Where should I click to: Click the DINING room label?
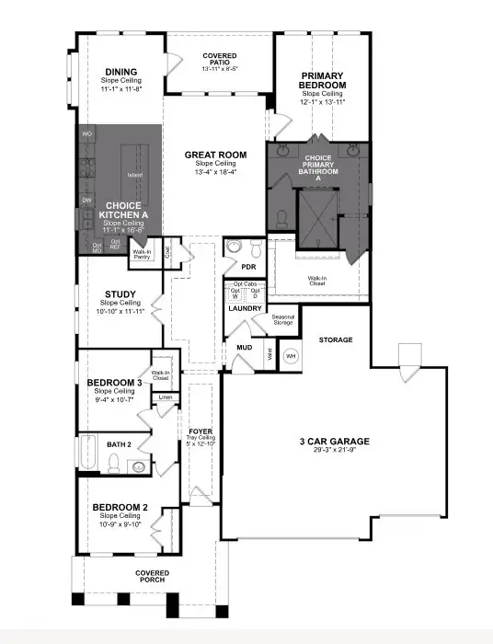coord(120,72)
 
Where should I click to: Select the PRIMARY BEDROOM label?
coord(322,80)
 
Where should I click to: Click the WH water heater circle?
coord(291,355)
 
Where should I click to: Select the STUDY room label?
coord(120,294)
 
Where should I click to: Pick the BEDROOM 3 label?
coord(114,383)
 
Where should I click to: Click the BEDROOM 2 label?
coord(120,507)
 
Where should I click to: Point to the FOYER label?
coord(201,431)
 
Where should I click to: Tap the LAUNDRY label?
coord(246,308)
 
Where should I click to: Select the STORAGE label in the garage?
coord(336,339)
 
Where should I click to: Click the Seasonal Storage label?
coord(282,319)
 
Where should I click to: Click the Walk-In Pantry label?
coord(143,255)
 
